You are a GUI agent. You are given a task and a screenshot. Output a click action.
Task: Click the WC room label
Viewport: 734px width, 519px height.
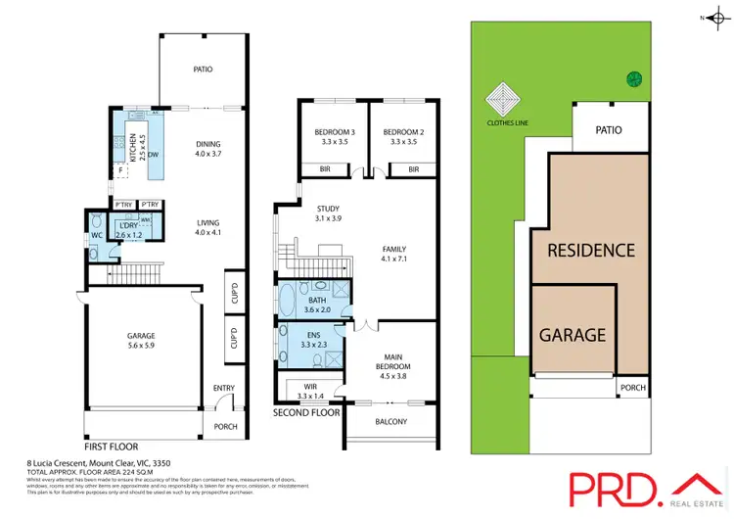point(97,236)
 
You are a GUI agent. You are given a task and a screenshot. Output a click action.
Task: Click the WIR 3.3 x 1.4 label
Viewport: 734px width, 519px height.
point(307,391)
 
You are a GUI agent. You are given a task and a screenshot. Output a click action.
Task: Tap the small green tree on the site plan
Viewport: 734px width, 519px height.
point(633,79)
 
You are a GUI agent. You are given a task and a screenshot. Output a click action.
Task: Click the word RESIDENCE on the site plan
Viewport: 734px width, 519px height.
point(590,250)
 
